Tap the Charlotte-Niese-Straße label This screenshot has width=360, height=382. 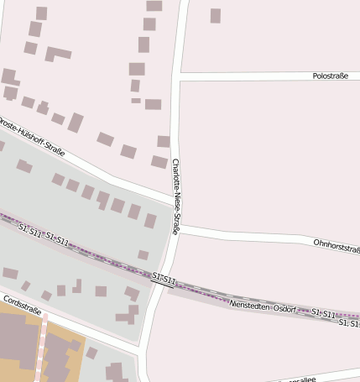176,196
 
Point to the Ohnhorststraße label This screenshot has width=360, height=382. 336,244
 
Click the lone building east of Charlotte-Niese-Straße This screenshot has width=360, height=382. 216,15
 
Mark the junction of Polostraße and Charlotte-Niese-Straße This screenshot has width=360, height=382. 177,76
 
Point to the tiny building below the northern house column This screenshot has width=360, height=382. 136,101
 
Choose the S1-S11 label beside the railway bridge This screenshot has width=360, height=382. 164,277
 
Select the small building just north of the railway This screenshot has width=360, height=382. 143,254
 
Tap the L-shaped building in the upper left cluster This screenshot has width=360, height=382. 57,54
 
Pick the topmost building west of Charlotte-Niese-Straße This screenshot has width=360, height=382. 154,5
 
